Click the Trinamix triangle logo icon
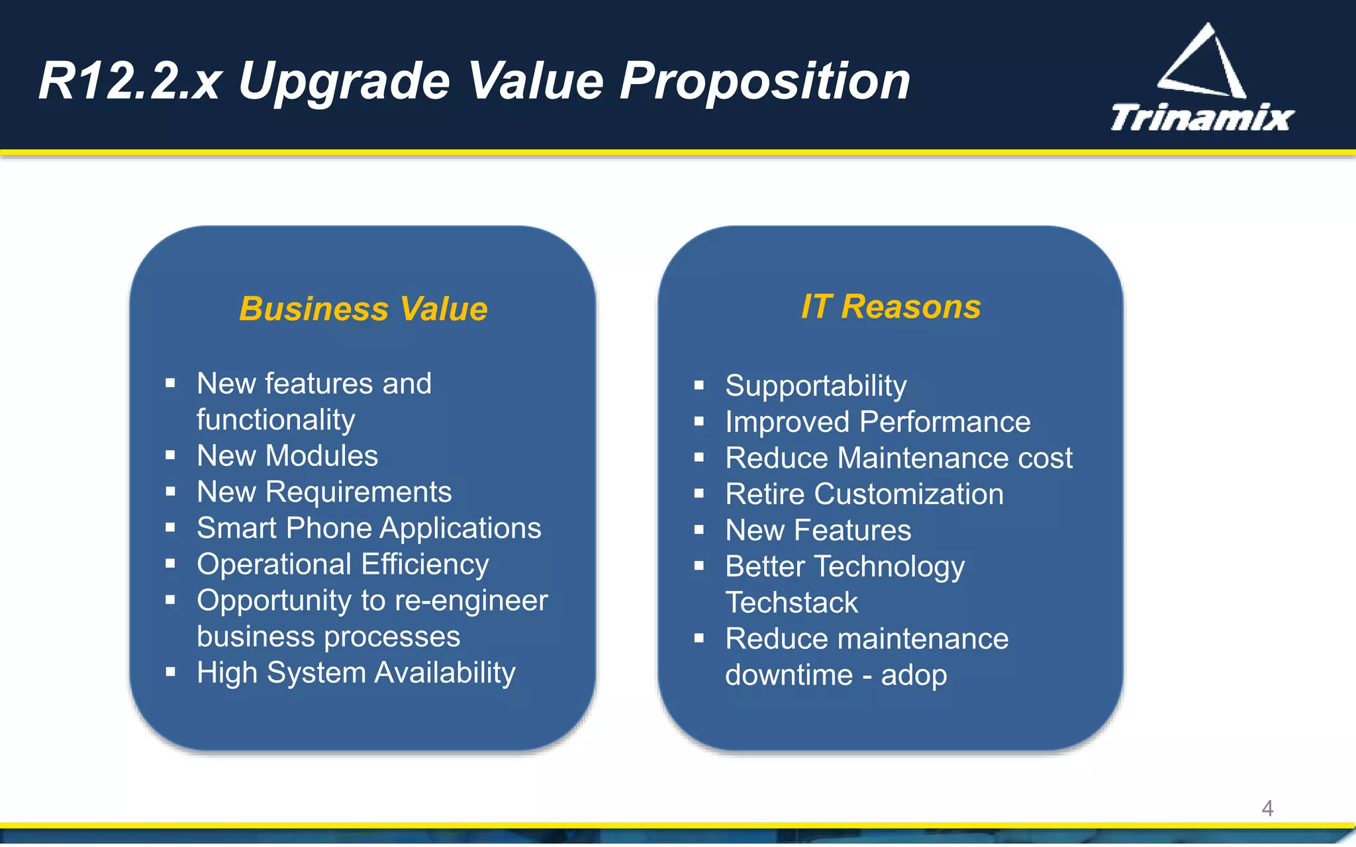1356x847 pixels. (1202, 63)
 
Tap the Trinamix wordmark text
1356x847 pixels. (1202, 118)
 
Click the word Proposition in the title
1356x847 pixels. (765, 81)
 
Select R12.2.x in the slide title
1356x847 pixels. (129, 81)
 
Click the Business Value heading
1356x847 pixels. (363, 309)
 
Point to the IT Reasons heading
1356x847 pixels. (891, 307)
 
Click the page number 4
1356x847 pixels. (1267, 808)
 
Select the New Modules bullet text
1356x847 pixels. (287, 456)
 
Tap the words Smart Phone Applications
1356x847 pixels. (369, 528)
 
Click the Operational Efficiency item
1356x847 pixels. (342, 564)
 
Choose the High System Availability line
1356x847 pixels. (356, 673)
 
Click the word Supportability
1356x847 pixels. (816, 386)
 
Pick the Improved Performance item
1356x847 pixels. (877, 422)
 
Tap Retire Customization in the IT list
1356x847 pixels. (864, 494)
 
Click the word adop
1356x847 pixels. (914, 675)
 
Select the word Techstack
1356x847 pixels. (791, 603)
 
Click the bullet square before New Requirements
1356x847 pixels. (170, 492)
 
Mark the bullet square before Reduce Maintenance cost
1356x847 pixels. (699, 457)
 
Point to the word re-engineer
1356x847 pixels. (471, 600)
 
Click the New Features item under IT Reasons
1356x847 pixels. (818, 531)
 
